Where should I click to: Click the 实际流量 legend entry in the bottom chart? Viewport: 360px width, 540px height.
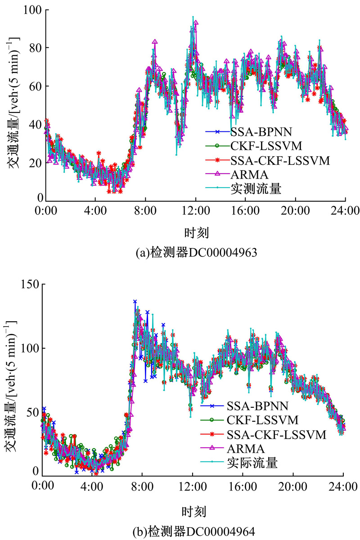[x=252, y=462]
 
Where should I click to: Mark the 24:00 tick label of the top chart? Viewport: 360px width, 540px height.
[x=345, y=210]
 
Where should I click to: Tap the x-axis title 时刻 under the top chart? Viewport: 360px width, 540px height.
[x=196, y=232]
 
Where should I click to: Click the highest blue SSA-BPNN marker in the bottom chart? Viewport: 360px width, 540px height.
[x=135, y=301]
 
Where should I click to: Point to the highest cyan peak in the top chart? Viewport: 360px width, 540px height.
[x=193, y=17]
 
